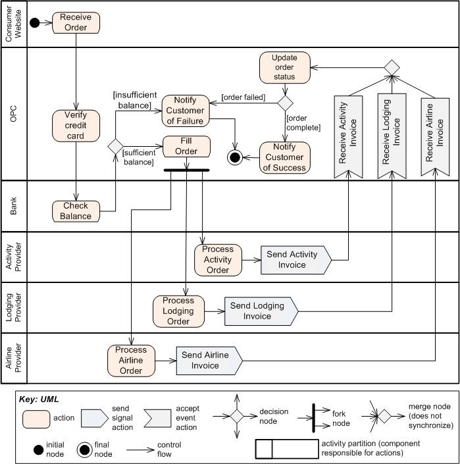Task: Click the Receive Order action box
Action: [x=76, y=22]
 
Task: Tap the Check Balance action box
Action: [x=76, y=211]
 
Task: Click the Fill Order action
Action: [x=186, y=146]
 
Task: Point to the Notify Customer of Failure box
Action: [x=185, y=110]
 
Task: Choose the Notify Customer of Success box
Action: [x=284, y=157]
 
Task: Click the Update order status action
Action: [x=284, y=68]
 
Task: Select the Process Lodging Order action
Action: [x=178, y=311]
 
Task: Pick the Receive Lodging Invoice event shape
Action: [x=392, y=136]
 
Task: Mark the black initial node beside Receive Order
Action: [x=34, y=22]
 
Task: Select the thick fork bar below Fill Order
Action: [x=186, y=170]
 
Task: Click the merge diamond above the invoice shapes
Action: [x=392, y=66]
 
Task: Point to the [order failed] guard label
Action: [x=243, y=97]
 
